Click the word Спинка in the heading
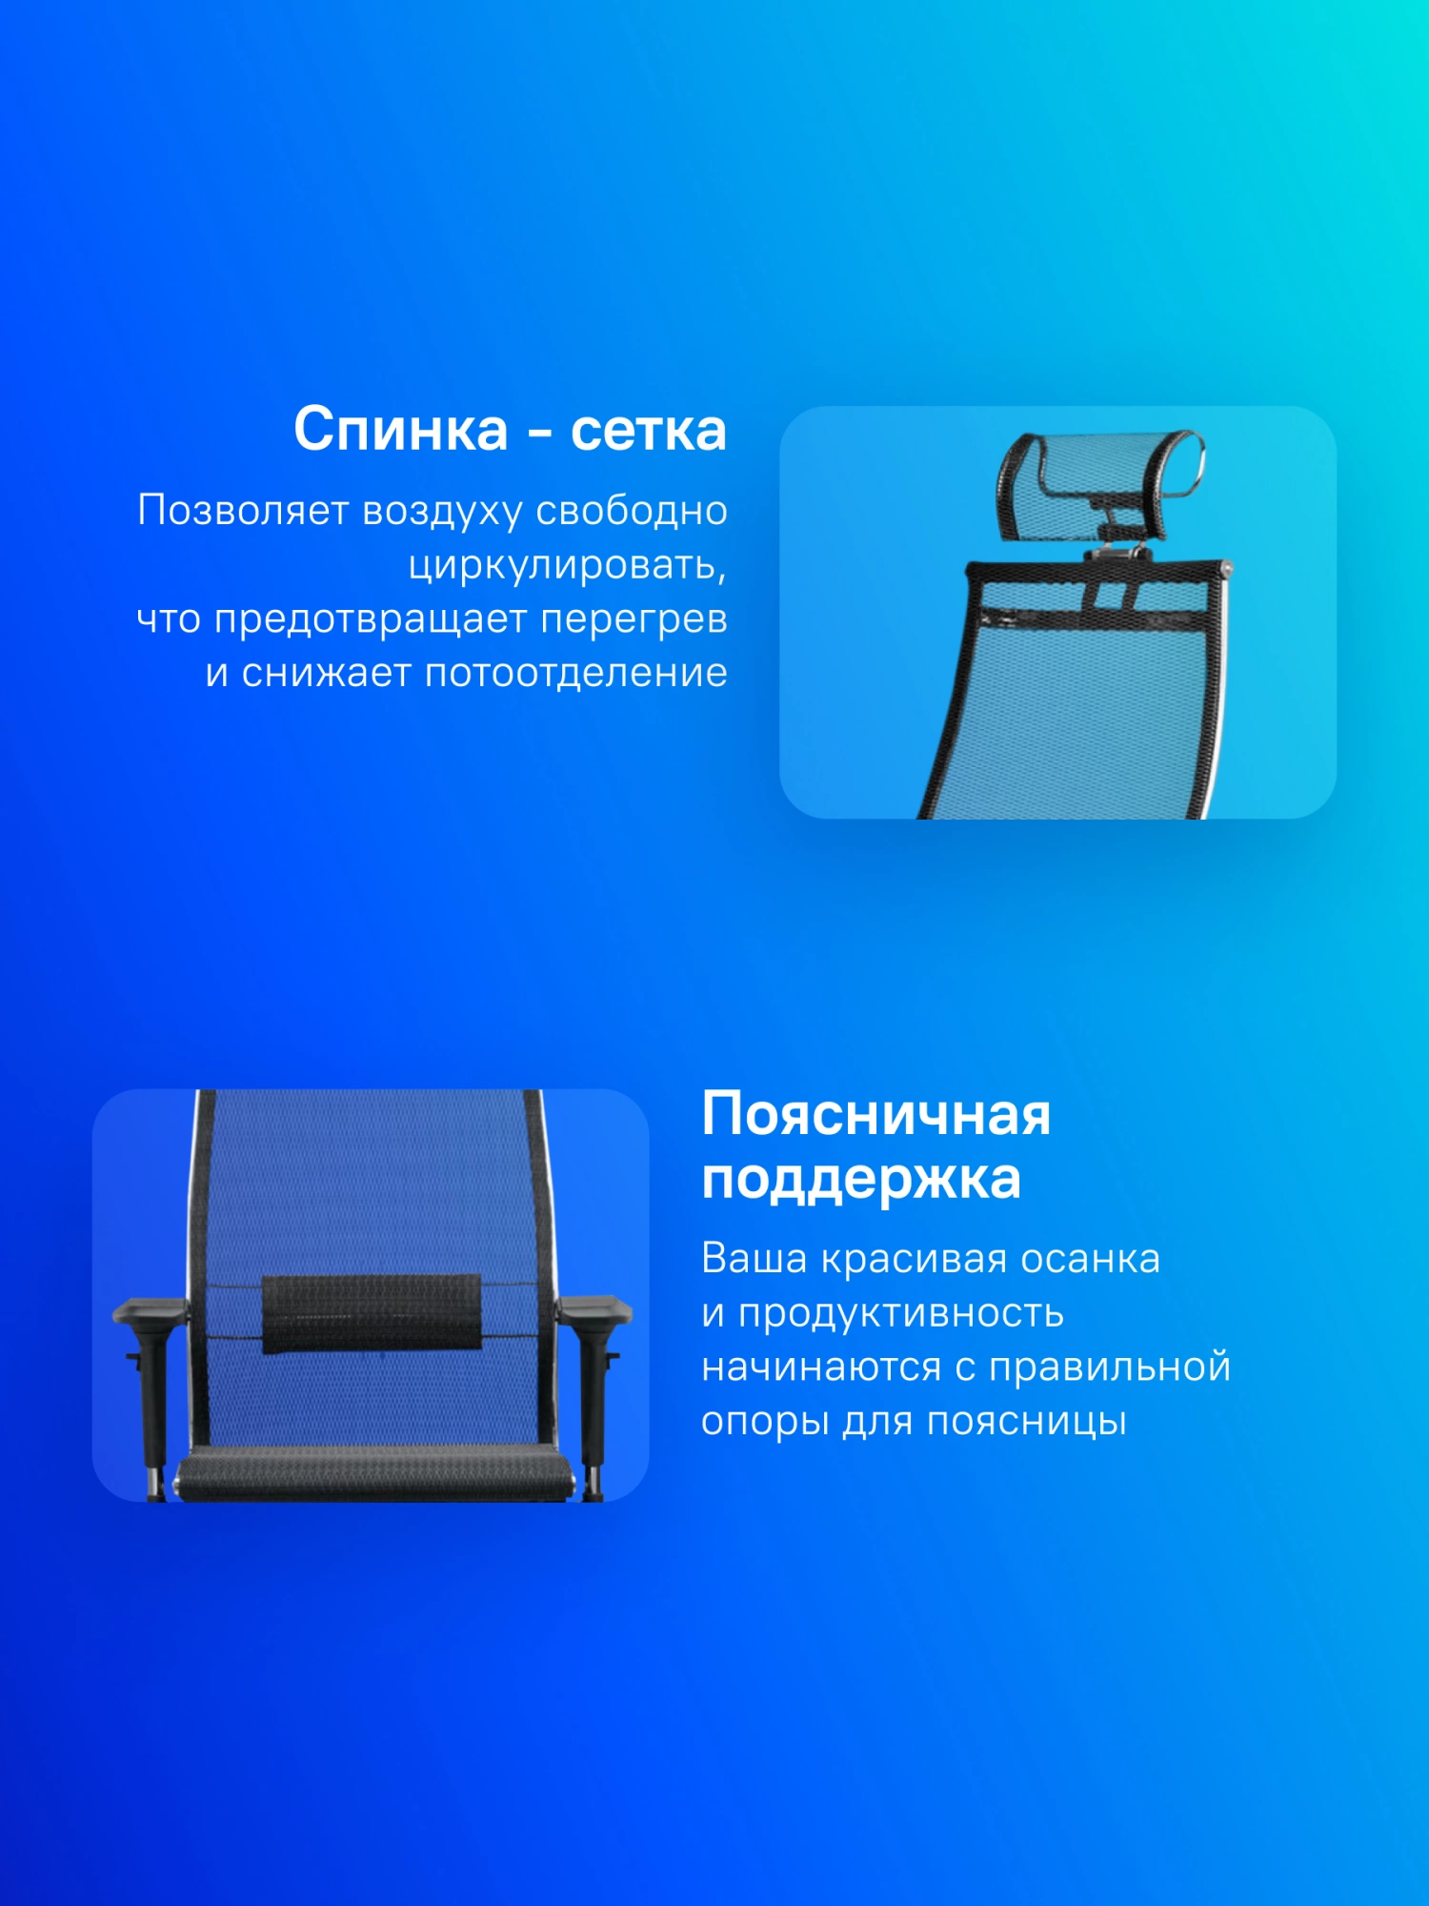coord(401,430)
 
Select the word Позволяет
coord(244,510)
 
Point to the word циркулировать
coord(567,565)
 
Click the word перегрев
coord(634,619)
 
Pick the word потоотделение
coord(575,673)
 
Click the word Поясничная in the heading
coord(876,1114)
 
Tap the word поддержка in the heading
coord(861,1179)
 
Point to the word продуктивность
coord(901,1313)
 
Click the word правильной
coord(1110,1368)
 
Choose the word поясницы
coord(1027,1422)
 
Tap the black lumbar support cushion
coord(372,1313)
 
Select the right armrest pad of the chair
coord(594,1308)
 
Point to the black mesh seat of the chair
coord(375,1472)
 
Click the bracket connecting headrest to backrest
coord(1116,546)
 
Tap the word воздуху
coord(443,512)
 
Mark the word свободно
coord(632,511)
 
